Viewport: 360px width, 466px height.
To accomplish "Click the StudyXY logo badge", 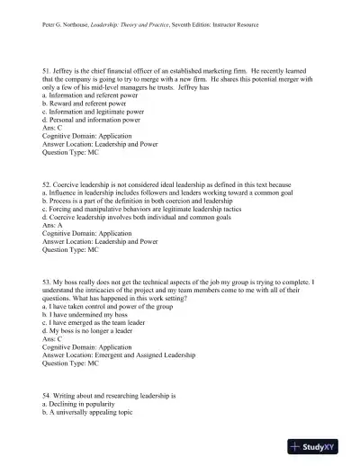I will (320, 446).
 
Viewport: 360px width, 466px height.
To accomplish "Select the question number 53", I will (47, 282).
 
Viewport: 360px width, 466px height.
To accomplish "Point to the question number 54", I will (47, 395).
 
